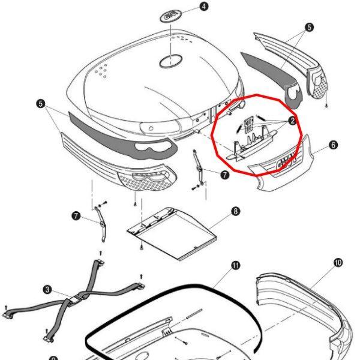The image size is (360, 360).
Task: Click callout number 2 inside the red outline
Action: (292, 121)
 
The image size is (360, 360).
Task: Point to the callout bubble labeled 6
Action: (333, 145)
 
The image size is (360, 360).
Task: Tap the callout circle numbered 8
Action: (235, 211)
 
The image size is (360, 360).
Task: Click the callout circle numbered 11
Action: (235, 265)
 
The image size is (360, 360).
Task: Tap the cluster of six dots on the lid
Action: (103, 70)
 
